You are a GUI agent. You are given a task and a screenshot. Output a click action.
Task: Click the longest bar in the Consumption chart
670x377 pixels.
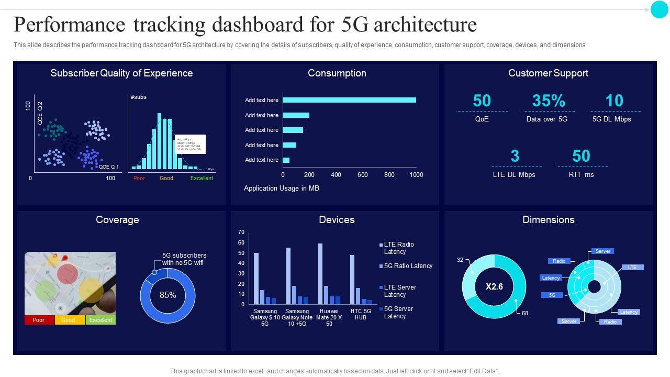pyautogui.click(x=349, y=100)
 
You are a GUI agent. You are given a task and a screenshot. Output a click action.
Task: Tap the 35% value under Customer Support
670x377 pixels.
pyautogui.click(x=549, y=101)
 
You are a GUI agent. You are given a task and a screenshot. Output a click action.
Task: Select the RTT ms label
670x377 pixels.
pyautogui.click(x=581, y=174)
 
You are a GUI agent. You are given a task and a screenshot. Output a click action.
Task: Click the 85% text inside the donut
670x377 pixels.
pyautogui.click(x=167, y=295)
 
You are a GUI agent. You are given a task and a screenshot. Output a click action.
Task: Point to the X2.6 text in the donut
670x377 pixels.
pyautogui.click(x=494, y=286)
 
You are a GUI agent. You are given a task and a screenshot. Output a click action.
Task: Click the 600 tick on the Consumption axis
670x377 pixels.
pyautogui.click(x=363, y=175)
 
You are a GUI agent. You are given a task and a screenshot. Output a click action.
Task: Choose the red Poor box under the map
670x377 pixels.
pyautogui.click(x=39, y=320)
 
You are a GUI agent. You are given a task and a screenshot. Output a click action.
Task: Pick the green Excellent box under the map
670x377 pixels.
pyautogui.click(x=100, y=320)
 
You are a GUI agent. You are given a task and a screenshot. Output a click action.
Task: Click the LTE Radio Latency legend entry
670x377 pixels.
pyautogui.click(x=398, y=248)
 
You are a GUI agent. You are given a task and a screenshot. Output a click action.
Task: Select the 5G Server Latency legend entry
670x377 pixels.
pyautogui.click(x=398, y=313)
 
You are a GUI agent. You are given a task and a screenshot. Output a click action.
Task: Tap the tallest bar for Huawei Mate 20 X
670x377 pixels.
pyautogui.click(x=320, y=274)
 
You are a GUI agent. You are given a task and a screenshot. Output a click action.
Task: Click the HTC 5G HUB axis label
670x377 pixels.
pyautogui.click(x=361, y=314)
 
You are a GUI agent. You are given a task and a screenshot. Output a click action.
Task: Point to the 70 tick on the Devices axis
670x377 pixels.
pyautogui.click(x=241, y=232)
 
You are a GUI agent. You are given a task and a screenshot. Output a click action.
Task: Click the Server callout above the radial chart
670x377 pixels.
pyautogui.click(x=603, y=251)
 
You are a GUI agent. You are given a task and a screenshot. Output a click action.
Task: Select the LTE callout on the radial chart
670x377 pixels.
pyautogui.click(x=632, y=268)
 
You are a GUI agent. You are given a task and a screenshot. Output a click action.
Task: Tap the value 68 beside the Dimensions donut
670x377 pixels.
pyautogui.click(x=525, y=313)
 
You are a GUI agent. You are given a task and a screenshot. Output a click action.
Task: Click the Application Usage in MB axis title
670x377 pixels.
pyautogui.click(x=282, y=188)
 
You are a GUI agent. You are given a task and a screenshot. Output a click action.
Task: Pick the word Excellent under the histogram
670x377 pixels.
pyautogui.click(x=202, y=179)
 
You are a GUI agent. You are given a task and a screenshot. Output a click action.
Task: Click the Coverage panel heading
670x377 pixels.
pyautogui.click(x=117, y=220)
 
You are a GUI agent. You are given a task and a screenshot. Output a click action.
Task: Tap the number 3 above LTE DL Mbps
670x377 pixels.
pyautogui.click(x=515, y=156)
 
